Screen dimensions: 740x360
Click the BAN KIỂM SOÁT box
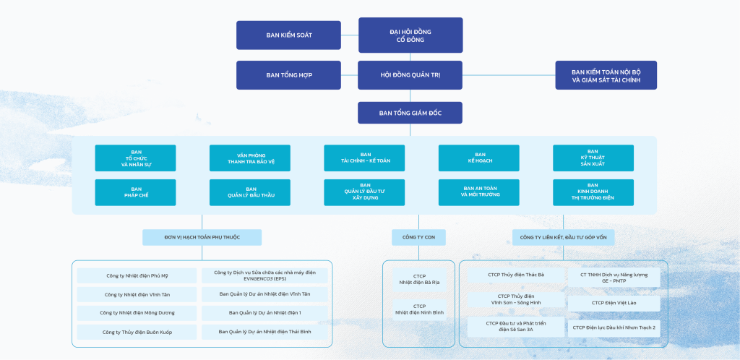(288, 35)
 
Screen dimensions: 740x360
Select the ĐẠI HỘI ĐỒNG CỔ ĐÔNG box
(410, 35)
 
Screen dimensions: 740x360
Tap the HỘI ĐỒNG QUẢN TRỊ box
(410, 75)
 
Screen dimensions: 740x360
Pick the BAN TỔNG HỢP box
(288, 75)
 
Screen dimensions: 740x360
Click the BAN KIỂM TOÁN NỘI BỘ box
(606, 75)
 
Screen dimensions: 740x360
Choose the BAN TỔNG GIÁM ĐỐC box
(410, 113)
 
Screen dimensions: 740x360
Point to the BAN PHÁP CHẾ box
(135, 192)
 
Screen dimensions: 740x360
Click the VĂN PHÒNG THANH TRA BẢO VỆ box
(250, 158)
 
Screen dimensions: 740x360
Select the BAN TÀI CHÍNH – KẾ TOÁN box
(364, 158)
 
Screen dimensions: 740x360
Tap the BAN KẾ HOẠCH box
(479, 158)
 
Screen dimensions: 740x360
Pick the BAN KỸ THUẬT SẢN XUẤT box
(593, 158)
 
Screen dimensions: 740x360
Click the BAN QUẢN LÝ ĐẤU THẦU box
(250, 192)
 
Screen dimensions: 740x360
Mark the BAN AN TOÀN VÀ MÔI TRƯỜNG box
(479, 192)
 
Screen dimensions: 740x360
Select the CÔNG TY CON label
(418, 237)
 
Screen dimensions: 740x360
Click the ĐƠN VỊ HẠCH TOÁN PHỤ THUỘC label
(202, 237)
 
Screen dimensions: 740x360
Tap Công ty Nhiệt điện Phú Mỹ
(137, 275)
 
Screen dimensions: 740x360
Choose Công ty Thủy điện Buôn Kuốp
(137, 332)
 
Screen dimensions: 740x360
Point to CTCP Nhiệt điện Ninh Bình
(419, 309)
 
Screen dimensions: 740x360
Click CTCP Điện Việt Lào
(614, 303)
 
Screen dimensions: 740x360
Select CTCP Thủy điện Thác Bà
(516, 275)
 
